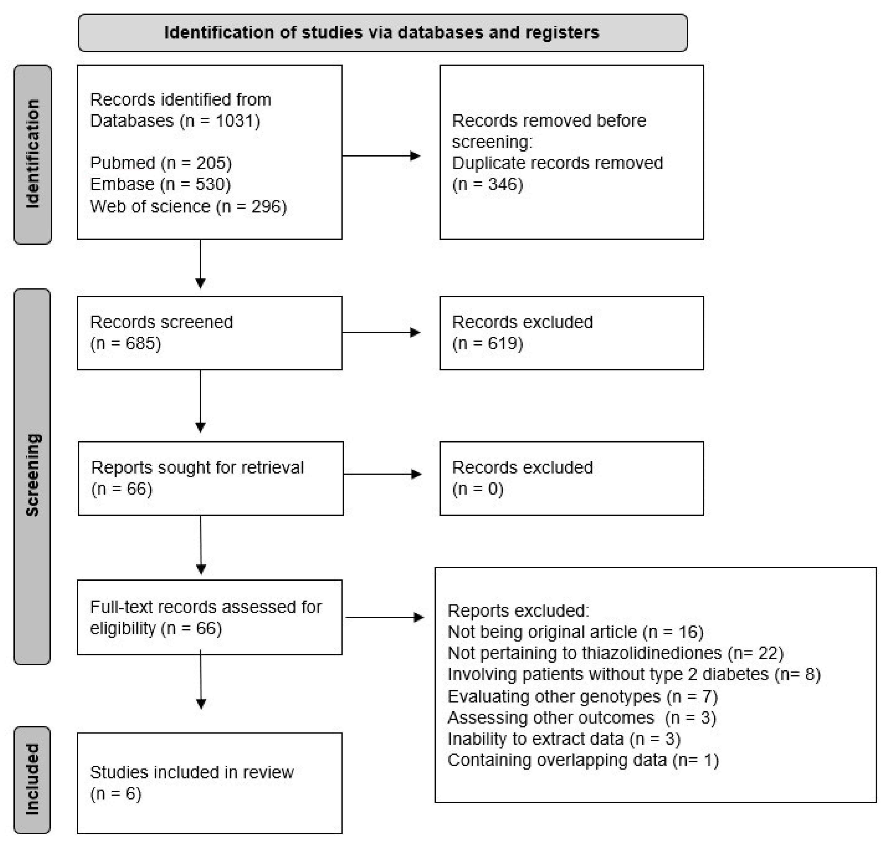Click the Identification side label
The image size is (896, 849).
pos(32,154)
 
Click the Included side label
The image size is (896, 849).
pos(32,779)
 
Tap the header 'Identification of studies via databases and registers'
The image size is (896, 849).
pos(382,33)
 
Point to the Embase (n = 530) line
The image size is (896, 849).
pos(160,184)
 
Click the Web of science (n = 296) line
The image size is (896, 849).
pos(188,206)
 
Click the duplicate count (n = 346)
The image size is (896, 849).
pos(488,184)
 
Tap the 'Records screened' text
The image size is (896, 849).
pos(161,322)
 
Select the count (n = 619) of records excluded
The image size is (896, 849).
pos(488,343)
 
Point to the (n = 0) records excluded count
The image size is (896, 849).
pos(478,489)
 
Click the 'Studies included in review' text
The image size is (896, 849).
pos(192,772)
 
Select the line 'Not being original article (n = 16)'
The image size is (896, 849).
pos(575,632)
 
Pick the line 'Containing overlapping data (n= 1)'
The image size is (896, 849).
pos(583,760)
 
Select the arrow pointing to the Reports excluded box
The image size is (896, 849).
pos(385,617)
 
